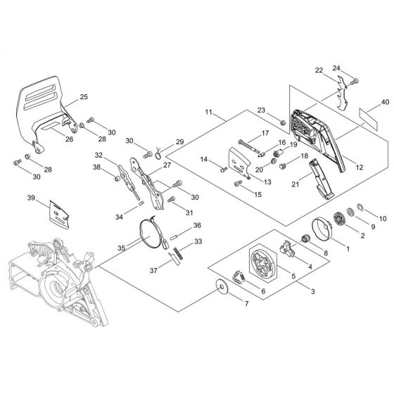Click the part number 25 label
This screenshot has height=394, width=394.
[84, 97]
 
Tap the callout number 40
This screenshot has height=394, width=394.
[385, 102]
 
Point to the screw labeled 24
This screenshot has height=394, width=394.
[356, 81]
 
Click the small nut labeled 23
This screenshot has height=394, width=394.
[283, 123]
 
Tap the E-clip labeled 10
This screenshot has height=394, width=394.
[360, 207]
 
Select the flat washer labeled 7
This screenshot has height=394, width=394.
[222, 287]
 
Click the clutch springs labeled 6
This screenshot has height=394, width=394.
[239, 277]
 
